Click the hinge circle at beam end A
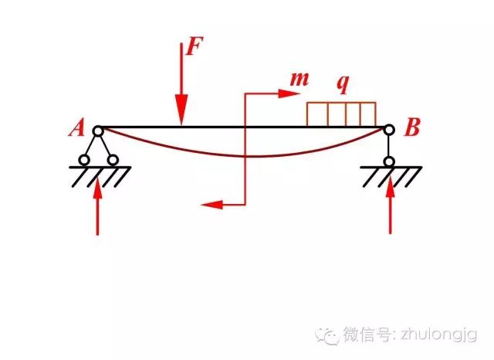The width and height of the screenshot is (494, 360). [x=98, y=131]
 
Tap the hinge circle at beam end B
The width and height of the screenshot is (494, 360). [x=391, y=131]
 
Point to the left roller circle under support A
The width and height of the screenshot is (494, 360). [x=83, y=161]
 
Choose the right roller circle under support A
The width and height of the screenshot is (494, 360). [x=113, y=161]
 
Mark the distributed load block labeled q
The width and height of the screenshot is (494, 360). [x=341, y=114]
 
